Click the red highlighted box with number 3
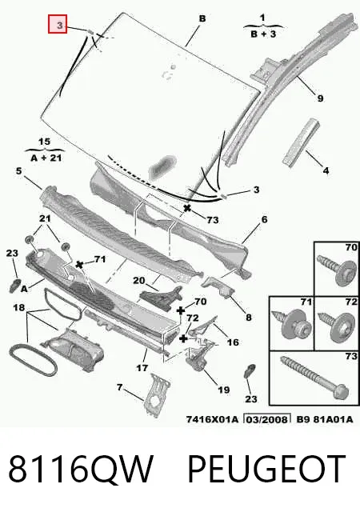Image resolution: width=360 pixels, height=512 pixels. click(58, 24)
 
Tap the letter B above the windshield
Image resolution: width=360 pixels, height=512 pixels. click(202, 18)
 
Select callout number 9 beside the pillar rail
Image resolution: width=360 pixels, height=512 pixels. click(320, 98)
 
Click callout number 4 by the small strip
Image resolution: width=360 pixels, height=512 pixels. click(326, 170)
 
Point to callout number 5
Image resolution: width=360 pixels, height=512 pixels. click(18, 170)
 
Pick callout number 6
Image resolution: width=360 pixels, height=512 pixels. click(264, 219)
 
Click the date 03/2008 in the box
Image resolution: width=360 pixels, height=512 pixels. click(267, 419)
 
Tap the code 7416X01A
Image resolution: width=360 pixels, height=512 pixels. click(212, 419)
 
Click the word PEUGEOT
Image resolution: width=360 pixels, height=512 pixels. click(266, 468)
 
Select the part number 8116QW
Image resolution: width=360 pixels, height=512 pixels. click(81, 468)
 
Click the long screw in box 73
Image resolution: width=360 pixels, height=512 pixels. click(314, 378)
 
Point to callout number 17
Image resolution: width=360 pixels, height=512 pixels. click(142, 368)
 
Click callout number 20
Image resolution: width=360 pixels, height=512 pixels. click(139, 281)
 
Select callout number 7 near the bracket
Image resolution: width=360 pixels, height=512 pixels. click(119, 387)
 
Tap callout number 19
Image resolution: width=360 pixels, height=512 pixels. click(224, 390)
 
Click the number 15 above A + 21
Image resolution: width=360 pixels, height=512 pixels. click(45, 142)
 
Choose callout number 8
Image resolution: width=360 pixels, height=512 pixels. click(249, 317)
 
